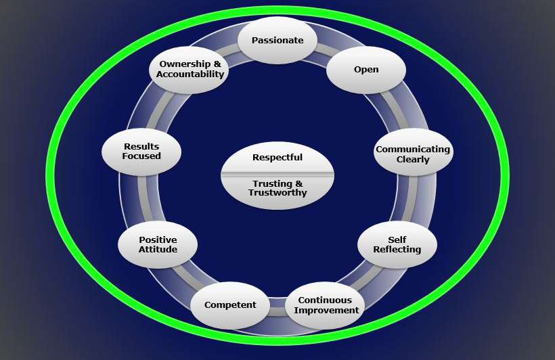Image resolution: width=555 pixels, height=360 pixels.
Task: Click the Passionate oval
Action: coord(277,40)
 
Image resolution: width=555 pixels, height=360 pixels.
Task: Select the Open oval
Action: coord(366,70)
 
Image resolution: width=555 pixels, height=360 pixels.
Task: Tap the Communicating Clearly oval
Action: coord(413,154)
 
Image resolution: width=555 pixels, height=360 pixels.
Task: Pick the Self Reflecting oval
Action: coord(397,244)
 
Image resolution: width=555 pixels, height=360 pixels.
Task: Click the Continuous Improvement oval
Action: coord(326,305)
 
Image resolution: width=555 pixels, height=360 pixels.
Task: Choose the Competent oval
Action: coord(230,305)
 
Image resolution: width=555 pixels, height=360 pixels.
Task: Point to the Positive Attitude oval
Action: coord(158,244)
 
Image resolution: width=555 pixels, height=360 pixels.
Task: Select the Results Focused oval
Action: coord(141,152)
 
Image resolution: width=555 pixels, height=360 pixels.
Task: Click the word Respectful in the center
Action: coord(277,158)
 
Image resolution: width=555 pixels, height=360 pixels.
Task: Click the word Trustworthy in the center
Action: coord(277,193)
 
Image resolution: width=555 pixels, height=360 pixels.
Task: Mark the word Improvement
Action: coord(326,311)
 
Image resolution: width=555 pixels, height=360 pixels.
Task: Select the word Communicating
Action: coord(413,150)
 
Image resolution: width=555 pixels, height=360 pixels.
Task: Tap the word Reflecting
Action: coord(397,249)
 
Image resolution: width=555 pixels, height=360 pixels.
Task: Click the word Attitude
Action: coord(158,249)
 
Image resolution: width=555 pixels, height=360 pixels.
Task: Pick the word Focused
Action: coord(141,156)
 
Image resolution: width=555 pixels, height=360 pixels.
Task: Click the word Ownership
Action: coord(185,64)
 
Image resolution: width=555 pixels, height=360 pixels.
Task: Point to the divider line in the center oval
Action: coord(277,174)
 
